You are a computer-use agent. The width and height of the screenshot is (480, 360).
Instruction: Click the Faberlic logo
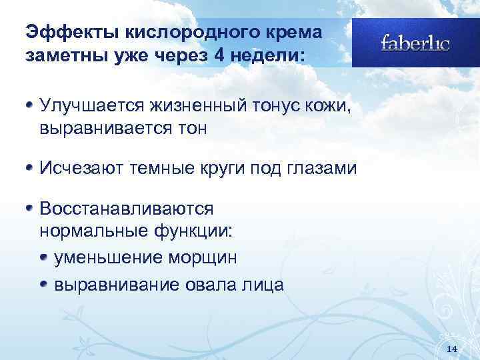click(x=415, y=43)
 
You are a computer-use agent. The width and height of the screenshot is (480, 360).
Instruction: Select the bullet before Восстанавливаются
click(x=30, y=208)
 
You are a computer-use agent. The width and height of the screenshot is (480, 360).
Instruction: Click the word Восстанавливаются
click(x=127, y=209)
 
